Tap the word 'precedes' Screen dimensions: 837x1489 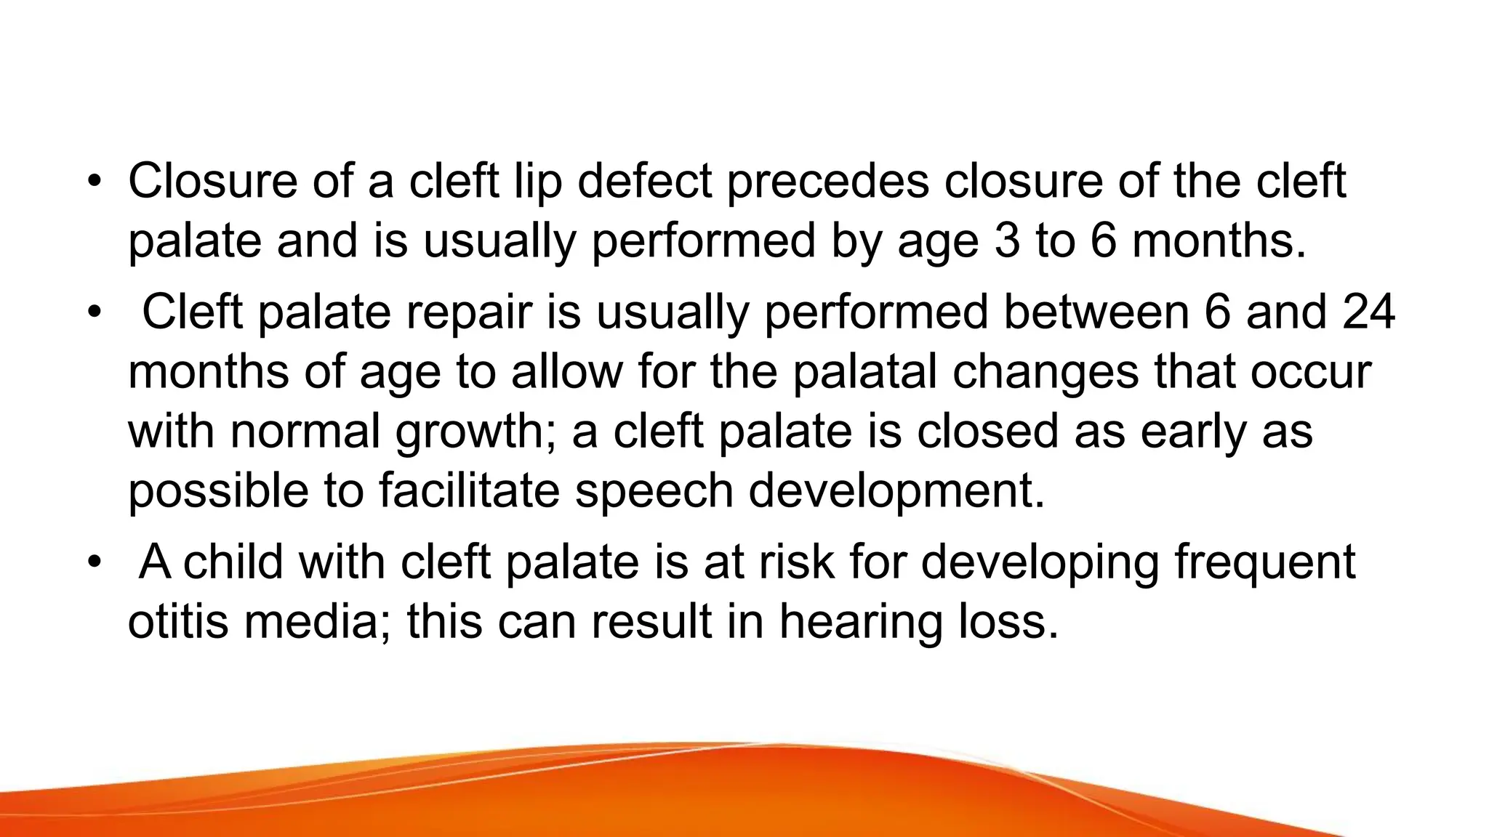(x=828, y=183)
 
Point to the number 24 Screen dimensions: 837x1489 (x=1368, y=312)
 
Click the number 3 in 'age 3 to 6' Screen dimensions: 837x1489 (x=1008, y=241)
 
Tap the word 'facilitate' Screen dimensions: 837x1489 (x=469, y=491)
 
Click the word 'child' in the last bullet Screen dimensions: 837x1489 (x=232, y=562)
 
